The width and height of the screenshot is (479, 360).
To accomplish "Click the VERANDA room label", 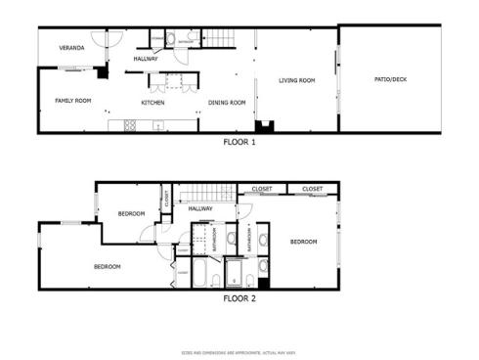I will coord(71,48).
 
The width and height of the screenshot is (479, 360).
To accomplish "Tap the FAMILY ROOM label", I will coord(72,101).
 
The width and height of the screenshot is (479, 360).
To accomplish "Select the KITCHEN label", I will coord(152,103).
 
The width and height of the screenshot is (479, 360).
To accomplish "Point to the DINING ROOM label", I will coord(227,103).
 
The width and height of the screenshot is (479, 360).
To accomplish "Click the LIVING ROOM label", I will coord(296,80).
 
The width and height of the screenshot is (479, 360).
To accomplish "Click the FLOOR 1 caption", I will coord(239,142).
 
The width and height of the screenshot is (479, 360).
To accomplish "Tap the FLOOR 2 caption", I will coord(239,298).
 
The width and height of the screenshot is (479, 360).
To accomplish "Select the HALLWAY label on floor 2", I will coord(200,208).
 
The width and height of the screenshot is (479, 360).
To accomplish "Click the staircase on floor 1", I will coord(219,38).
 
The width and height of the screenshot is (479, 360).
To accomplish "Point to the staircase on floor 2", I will coord(204,192).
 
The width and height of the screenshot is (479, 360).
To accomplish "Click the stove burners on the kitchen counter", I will coord(129,124).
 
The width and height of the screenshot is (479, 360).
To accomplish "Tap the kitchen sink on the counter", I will coord(157,124).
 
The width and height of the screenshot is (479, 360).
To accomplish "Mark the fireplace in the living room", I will coord(264,126).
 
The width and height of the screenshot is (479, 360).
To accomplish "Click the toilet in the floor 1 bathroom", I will coord(171,39).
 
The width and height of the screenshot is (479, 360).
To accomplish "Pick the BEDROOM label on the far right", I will coord(303,242).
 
